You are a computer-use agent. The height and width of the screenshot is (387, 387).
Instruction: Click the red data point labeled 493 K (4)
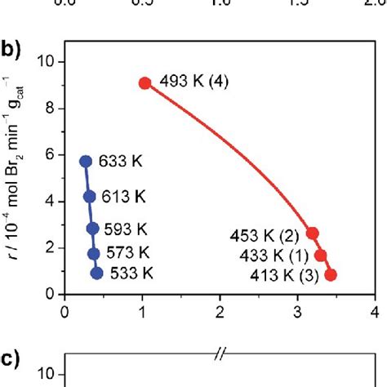(x=145, y=82)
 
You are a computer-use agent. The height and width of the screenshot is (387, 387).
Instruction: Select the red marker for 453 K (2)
(x=313, y=234)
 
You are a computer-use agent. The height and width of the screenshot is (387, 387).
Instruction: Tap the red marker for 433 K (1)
(x=321, y=256)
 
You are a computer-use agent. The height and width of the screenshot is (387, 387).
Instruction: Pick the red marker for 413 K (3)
(x=331, y=275)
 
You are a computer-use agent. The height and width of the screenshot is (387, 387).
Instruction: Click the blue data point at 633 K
(x=86, y=162)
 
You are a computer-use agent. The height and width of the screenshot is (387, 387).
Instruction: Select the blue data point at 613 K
(x=90, y=196)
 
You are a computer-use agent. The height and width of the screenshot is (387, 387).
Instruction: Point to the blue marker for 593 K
(x=93, y=229)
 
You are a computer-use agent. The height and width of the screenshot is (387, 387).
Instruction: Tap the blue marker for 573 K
(x=94, y=253)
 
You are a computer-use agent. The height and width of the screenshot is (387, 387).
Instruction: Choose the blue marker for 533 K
(x=97, y=274)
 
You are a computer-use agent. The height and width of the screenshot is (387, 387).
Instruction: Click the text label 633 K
(x=120, y=162)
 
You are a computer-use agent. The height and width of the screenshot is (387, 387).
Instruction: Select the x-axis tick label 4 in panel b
(x=375, y=311)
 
